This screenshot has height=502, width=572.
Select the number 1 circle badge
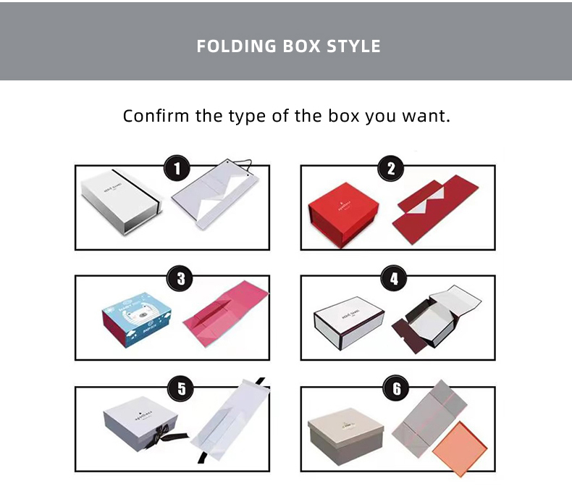177,170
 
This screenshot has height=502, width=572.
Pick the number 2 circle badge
391,170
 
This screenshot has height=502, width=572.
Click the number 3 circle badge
180,278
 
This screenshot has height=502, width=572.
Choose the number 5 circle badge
181,389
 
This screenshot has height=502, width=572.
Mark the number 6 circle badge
396,389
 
